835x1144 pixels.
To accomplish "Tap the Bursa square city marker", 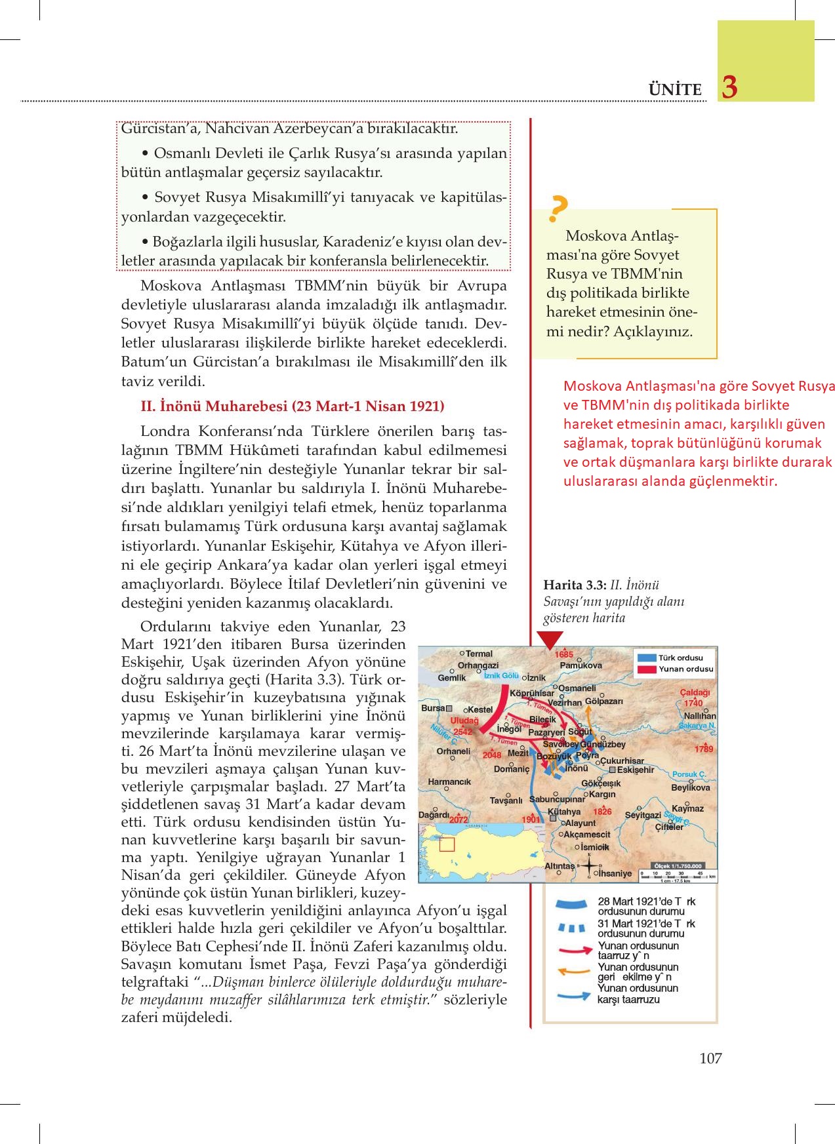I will tap(449, 709).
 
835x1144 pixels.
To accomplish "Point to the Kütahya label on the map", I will tap(564, 812).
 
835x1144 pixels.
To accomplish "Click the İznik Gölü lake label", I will tap(501, 676).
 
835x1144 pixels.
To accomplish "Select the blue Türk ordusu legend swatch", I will tap(647, 658).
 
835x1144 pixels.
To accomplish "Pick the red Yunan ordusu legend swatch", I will tap(647, 669).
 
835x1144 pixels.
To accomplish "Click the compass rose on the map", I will tap(588, 866).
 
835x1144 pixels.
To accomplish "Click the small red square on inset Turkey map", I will tap(447, 844).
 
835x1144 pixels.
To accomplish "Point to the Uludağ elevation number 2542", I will tap(462, 732).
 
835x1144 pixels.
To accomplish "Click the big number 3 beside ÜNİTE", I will tap(729, 87).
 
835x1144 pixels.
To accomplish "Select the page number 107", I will tap(710, 1057).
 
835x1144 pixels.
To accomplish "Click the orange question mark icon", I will tap(558, 208).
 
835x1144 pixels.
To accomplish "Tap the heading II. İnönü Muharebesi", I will tap(293, 406).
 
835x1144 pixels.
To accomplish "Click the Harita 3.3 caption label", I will tap(575, 585).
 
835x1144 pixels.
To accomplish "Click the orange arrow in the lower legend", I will tap(571, 972).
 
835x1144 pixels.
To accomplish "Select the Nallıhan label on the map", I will tap(700, 716).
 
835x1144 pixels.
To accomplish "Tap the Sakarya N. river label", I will tap(697, 726).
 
